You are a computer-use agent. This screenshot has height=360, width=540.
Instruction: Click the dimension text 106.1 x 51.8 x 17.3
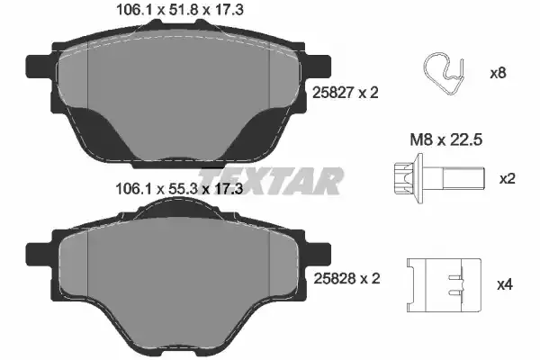pyautogui.click(x=180, y=9)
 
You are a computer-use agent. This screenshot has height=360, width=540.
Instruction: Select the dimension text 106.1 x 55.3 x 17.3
pyautogui.click(x=180, y=188)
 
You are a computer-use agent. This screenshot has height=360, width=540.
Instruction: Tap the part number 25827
pyautogui.click(x=333, y=93)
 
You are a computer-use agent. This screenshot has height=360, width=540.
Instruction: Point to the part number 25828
pyautogui.click(x=335, y=278)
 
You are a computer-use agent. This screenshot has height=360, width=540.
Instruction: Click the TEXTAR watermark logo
pyautogui.click(x=270, y=181)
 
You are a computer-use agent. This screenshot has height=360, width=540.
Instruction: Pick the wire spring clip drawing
pyautogui.click(x=444, y=74)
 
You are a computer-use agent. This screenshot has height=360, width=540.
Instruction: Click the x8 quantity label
pyautogui.click(x=498, y=73)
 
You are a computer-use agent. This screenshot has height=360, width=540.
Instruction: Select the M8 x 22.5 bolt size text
pyautogui.click(x=446, y=139)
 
